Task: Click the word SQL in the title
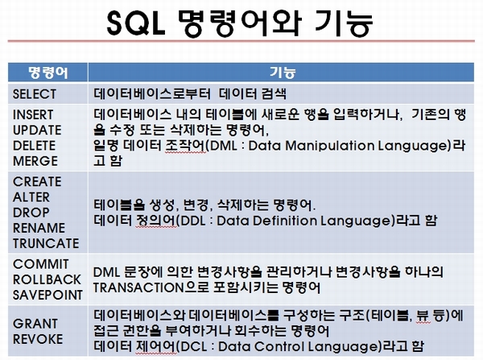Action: (x=136, y=23)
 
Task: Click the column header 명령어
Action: (x=47, y=72)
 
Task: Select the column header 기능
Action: (x=283, y=72)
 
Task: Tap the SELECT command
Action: (x=35, y=94)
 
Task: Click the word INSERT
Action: (x=33, y=114)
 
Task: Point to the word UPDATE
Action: (x=37, y=130)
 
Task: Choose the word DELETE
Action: (x=34, y=146)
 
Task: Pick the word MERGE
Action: (x=35, y=161)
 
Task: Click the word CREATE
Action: (x=37, y=181)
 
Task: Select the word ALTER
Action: (x=31, y=197)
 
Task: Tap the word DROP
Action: (x=31, y=213)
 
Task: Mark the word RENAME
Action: (x=39, y=228)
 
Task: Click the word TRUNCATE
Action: (x=46, y=243)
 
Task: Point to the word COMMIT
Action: (x=41, y=264)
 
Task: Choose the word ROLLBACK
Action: (x=47, y=279)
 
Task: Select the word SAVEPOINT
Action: (x=47, y=295)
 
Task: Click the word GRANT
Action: (x=35, y=324)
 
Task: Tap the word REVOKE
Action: (x=38, y=339)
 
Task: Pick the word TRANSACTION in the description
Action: (x=138, y=288)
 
